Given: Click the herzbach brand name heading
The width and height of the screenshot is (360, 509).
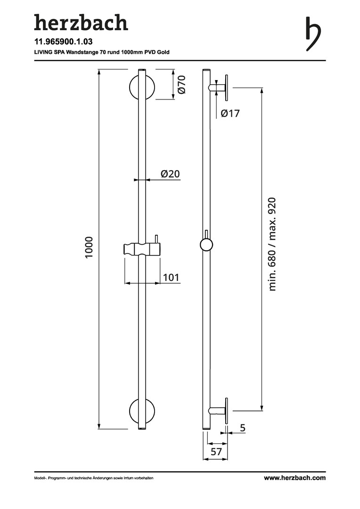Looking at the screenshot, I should coord(81,22).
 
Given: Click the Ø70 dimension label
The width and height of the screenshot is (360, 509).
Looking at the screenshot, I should coord(182,84).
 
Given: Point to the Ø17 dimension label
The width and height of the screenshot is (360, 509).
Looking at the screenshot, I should coord(230,114).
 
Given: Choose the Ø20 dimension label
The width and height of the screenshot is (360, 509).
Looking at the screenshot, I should coord(170,174).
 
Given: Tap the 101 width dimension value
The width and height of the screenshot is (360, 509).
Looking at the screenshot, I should coord(171,277).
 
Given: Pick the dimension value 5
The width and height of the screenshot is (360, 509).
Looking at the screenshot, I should coord(243,428).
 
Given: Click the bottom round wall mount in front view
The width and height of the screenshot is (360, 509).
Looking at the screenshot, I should coord(141,411).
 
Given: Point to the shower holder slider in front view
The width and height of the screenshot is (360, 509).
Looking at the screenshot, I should coord(142,248).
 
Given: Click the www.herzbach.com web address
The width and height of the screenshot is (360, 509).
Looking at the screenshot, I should coord(295,477).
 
